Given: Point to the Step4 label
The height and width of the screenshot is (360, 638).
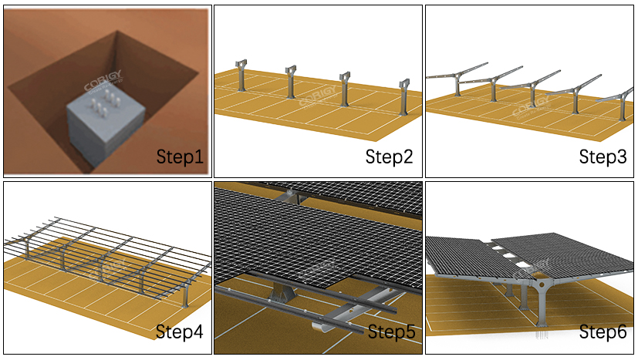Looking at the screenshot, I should pyautogui.click(x=179, y=332).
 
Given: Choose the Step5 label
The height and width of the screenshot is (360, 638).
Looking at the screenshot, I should pyautogui.click(x=391, y=332).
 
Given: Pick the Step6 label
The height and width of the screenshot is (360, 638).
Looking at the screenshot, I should pyautogui.click(x=603, y=332).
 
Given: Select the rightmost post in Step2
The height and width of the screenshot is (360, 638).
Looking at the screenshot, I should pyautogui.click(x=403, y=96).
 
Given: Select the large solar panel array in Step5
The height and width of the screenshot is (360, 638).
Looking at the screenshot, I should pyautogui.click(x=309, y=231).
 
